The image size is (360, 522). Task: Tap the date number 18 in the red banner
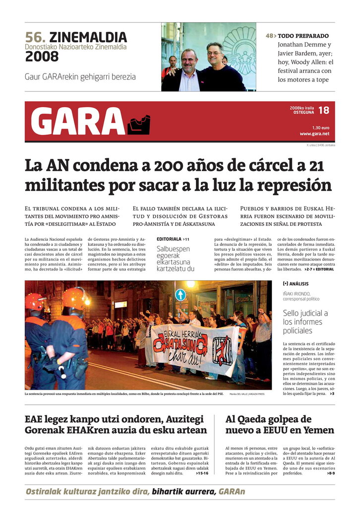323,110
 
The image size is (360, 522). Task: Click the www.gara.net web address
314,133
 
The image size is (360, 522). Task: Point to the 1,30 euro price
320,128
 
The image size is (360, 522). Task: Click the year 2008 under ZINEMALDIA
42,57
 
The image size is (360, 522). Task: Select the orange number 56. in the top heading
36,37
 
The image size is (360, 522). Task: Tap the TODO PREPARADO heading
303,36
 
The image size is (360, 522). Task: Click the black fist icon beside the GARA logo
138,125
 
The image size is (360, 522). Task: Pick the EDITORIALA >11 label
173,239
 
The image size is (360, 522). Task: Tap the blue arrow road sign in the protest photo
180,295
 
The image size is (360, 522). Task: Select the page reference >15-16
202,473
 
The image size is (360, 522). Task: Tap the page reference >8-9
331,473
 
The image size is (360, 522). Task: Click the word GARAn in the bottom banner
232,492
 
